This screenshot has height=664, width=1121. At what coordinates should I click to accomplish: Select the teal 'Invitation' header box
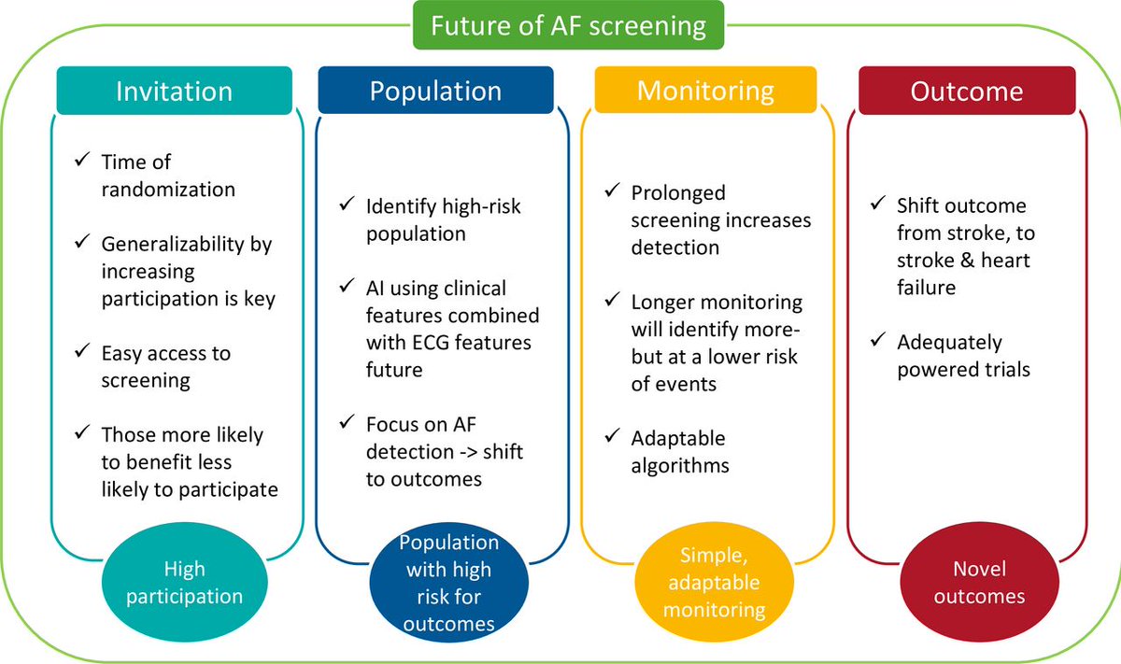tap(174, 91)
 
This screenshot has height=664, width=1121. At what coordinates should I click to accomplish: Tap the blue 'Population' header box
tap(435, 91)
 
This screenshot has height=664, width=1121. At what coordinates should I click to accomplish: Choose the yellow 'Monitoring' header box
tap(705, 91)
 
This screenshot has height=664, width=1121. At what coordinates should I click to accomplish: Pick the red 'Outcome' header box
tap(967, 92)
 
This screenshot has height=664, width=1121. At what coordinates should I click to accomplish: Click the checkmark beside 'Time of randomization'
tap(81, 162)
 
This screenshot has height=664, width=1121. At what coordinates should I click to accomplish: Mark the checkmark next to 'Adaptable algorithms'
tap(612, 437)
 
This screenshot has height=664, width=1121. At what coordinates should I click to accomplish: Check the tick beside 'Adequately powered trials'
tap(877, 342)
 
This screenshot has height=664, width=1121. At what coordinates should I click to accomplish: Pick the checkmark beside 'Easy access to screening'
tap(81, 353)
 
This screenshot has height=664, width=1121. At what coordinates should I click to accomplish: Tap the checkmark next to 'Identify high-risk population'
tap(347, 205)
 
